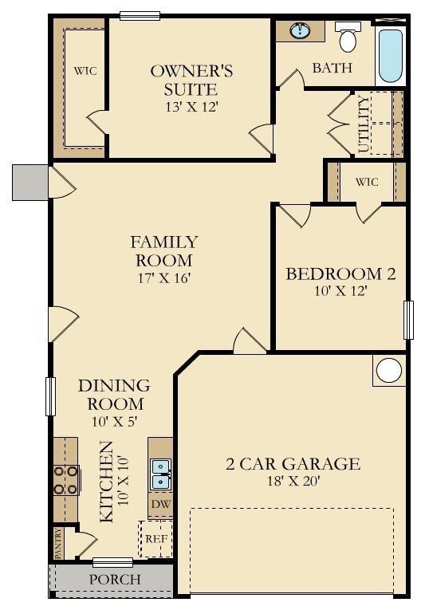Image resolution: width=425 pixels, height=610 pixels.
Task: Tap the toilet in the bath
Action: (x=348, y=37)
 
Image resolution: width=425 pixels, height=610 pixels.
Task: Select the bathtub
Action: (x=390, y=55)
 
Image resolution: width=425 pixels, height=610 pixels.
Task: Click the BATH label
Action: (x=332, y=68)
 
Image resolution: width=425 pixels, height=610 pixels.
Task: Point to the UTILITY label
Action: (x=364, y=124)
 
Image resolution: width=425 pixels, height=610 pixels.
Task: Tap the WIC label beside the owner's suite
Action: (x=85, y=71)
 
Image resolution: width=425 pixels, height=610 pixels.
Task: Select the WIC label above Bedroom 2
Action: (x=367, y=182)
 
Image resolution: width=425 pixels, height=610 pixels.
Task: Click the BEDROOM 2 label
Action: (x=340, y=274)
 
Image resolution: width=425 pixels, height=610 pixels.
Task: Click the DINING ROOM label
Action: (x=114, y=395)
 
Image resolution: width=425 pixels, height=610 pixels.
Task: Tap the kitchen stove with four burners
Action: (x=65, y=479)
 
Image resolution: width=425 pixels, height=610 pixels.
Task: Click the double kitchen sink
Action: (x=161, y=474)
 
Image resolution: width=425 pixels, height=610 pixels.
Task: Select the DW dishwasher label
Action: (x=160, y=505)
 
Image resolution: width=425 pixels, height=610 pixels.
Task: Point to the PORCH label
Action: (x=114, y=580)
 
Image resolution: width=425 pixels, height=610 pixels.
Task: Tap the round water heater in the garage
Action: (x=389, y=371)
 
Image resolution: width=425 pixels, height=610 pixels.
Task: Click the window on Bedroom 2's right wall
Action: (x=408, y=319)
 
